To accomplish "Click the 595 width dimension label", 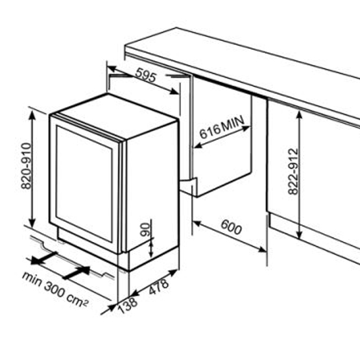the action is click(146, 75).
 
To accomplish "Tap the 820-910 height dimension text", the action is click(26, 166).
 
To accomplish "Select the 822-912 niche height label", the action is click(293, 171).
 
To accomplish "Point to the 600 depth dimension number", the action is click(231, 227).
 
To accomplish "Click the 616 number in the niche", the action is click(210, 131).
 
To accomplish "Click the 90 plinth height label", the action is click(145, 230).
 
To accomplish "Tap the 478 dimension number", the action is click(159, 286).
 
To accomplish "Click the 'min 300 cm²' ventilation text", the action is click(55, 289).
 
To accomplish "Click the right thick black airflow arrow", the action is click(77, 272).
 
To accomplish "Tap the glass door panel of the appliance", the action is click(84, 184).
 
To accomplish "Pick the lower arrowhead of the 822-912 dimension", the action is click(299, 234).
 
